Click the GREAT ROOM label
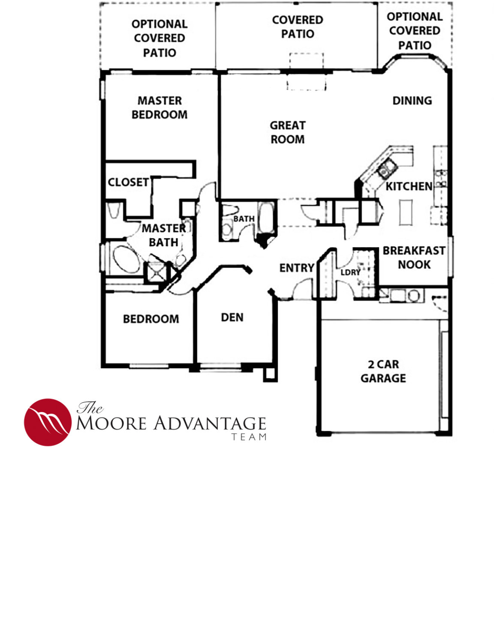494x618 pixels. point(287,132)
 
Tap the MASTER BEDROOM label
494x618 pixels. point(160,107)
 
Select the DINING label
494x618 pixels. point(412,100)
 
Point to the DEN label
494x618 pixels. point(232,317)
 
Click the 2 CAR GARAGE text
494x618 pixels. point(383,371)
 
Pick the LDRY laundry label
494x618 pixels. point(350,272)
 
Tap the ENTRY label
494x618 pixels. point(297,268)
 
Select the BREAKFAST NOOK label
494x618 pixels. point(414,257)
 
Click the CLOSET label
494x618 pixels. point(128,182)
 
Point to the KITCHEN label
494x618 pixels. point(409,186)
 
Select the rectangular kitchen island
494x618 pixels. point(406,212)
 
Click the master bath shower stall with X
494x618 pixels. point(156,271)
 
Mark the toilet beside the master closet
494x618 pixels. point(114,210)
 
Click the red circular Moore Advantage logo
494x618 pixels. point(48,422)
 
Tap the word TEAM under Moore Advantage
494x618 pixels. point(249,437)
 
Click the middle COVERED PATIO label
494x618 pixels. point(298,27)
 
